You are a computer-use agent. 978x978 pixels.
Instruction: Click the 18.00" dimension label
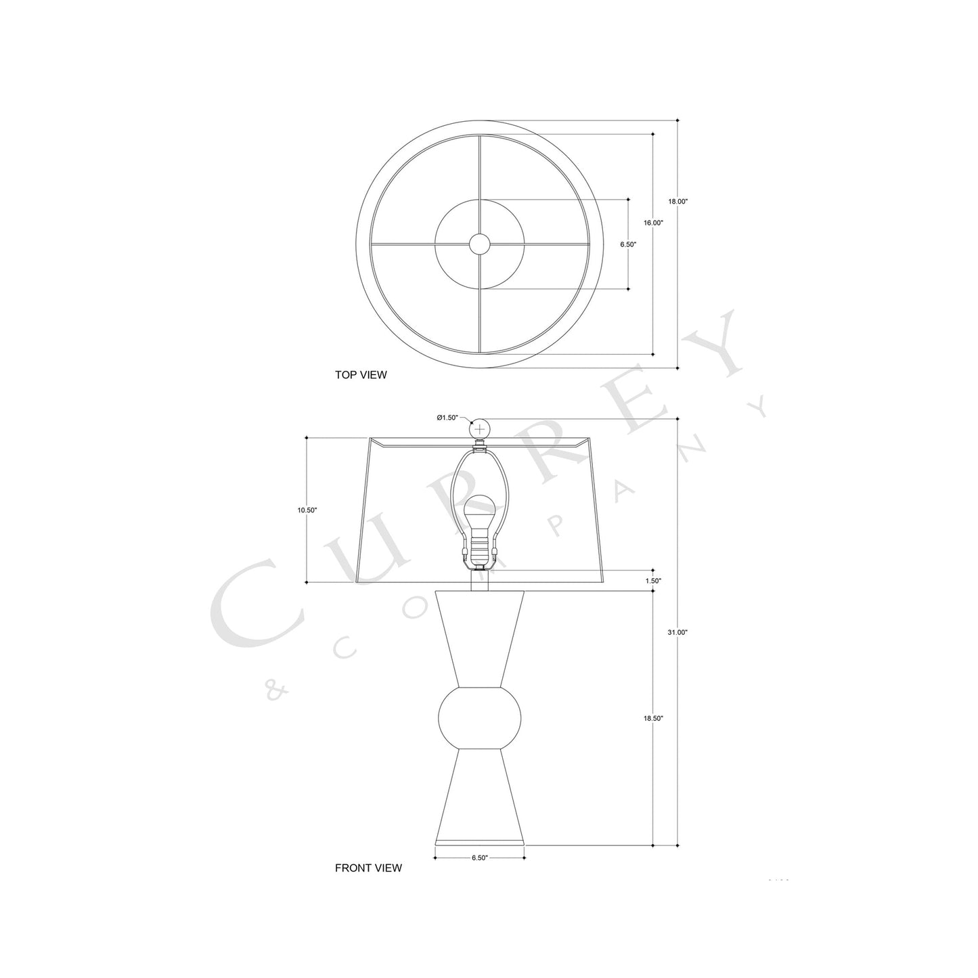coord(677,202)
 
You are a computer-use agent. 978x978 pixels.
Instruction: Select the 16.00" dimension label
coord(653,223)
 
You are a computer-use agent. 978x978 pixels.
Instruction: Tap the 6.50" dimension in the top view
coord(628,244)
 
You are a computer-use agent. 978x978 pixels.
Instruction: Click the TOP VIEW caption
coord(361,375)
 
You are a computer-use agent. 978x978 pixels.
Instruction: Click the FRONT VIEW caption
coord(368,868)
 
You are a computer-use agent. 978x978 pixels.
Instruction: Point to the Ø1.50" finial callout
coord(447,418)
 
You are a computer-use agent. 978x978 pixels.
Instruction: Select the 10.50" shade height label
coord(307,510)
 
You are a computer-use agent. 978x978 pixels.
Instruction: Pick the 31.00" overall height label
coord(677,632)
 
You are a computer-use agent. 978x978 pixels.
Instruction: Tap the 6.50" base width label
coord(479,858)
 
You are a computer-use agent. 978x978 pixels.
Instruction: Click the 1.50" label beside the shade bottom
coord(653,581)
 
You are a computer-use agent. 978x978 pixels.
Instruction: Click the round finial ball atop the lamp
coord(480,429)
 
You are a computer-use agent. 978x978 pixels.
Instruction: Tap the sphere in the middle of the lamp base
coord(480,717)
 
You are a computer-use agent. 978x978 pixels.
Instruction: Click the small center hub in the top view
coord(480,244)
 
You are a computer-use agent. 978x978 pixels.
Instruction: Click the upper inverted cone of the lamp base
coord(480,636)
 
